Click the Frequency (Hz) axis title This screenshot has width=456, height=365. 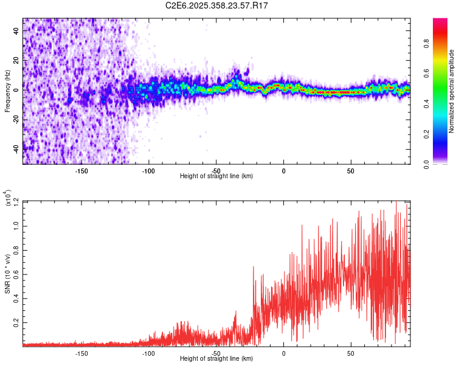pyautogui.click(x=8, y=91)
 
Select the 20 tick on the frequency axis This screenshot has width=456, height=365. pyautogui.click(x=16, y=60)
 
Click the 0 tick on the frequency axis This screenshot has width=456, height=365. pyautogui.click(x=16, y=89)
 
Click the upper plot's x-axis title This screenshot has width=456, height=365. pyautogui.click(x=216, y=176)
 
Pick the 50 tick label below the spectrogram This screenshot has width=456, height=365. pyautogui.click(x=351, y=170)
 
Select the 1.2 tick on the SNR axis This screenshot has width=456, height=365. pyautogui.click(x=16, y=201)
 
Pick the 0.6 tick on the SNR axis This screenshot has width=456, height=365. pyautogui.click(x=16, y=273)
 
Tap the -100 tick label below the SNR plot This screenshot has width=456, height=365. pyautogui.click(x=148, y=353)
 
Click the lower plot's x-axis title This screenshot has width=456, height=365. pyautogui.click(x=216, y=359)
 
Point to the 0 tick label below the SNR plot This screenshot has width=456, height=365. pyautogui.click(x=283, y=353)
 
